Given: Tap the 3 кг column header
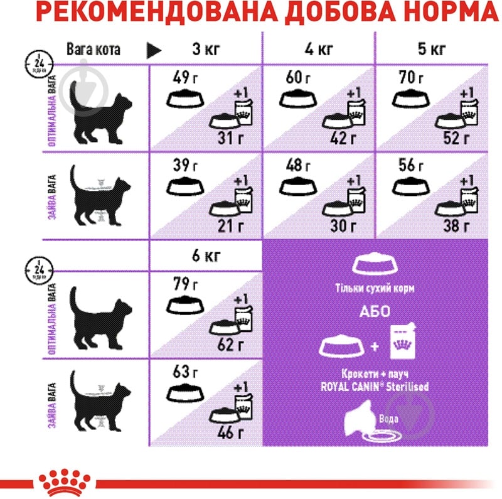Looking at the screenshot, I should pyautogui.click(x=205, y=48).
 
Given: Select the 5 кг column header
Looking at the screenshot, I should pyautogui.click(x=431, y=48).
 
